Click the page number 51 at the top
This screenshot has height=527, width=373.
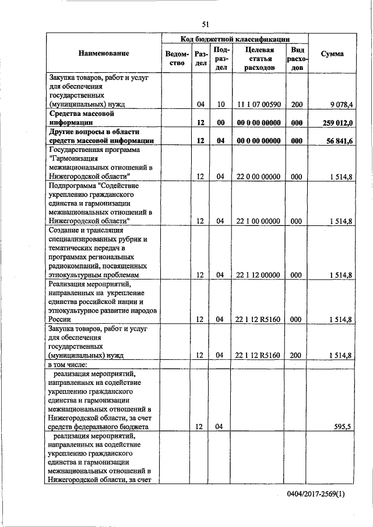click(x=205, y=24)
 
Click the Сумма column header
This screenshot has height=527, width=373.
click(x=332, y=54)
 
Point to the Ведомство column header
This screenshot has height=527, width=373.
click(x=177, y=58)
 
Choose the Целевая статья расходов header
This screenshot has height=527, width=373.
click(x=259, y=58)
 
